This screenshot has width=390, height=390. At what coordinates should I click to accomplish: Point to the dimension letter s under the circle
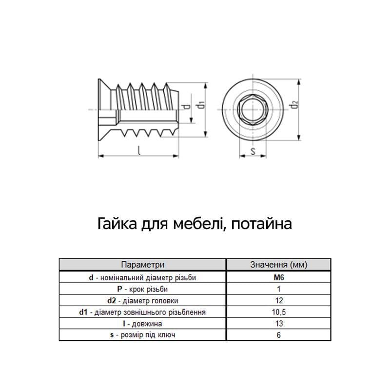(253, 151)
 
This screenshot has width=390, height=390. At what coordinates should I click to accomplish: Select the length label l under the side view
(139, 150)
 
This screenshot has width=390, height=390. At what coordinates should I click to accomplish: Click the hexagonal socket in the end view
(253, 109)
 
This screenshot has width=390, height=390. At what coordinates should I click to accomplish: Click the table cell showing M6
(278, 277)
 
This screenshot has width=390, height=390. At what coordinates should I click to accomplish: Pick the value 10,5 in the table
(278, 312)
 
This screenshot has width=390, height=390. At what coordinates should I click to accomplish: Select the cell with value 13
(279, 323)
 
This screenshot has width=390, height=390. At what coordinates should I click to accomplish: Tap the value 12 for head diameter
(279, 300)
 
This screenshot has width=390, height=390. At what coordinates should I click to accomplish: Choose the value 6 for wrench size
(278, 335)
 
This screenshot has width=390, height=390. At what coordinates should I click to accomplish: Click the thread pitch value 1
(278, 289)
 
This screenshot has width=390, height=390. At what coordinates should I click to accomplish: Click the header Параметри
(143, 265)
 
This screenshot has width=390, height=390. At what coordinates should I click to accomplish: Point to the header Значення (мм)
(278, 265)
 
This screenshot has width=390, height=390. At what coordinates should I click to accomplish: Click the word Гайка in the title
(117, 223)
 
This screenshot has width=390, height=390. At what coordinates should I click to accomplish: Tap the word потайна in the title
(261, 224)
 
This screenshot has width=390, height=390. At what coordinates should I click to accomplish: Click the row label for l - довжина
(142, 323)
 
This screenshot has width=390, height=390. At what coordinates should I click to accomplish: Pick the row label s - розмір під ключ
(142, 335)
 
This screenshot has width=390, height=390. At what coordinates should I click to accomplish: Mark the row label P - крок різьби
(142, 289)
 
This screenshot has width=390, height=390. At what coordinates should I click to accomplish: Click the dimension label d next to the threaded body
(187, 107)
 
